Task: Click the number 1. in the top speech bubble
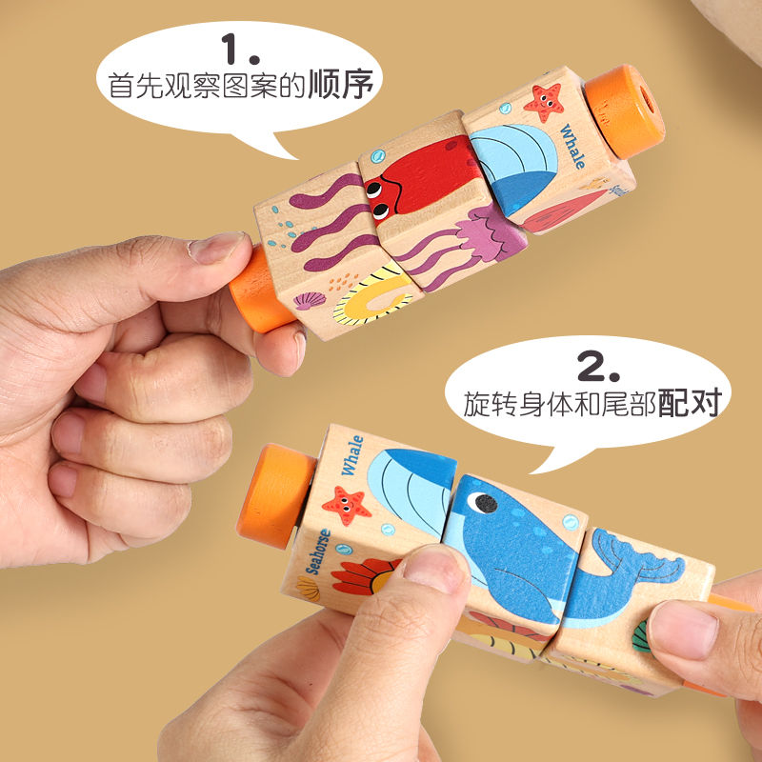240,49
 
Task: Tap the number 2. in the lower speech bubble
598,366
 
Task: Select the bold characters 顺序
341,84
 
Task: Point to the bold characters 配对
689,402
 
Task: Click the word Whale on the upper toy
572,147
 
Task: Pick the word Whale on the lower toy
352,455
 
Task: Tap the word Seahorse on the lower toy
318,551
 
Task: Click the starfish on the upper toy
544,102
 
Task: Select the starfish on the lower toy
346,506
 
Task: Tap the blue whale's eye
485,504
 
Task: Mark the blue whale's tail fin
636,559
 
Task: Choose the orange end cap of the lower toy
275,495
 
